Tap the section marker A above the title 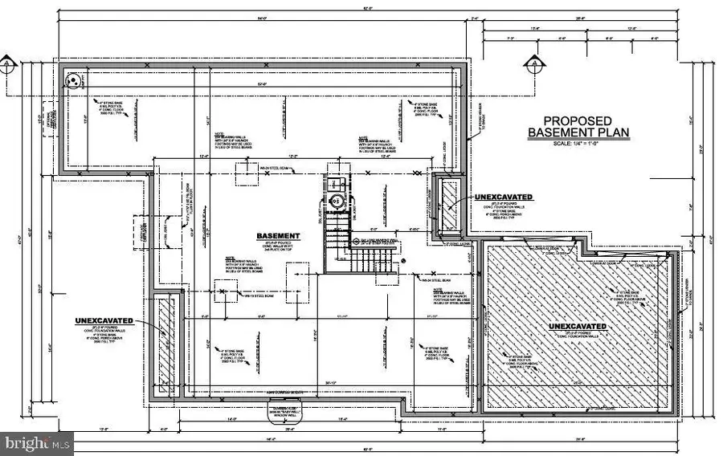pos(531,62)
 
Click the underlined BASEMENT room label pos(278,236)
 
